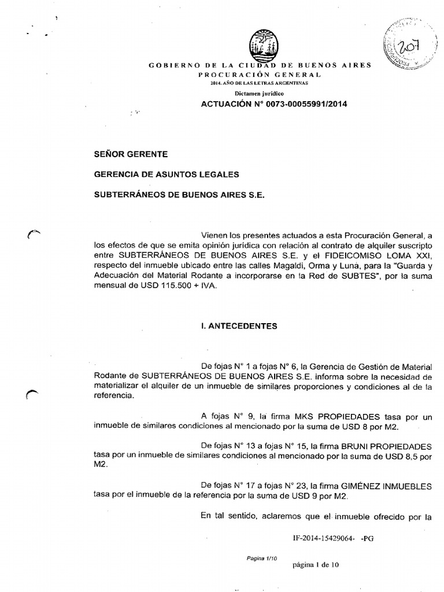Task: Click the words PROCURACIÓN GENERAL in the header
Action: point(260,75)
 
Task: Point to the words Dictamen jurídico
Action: point(259,93)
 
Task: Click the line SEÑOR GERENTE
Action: point(131,154)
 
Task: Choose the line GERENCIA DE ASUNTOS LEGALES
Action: point(166,174)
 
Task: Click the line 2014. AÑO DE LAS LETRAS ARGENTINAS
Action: point(260,84)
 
